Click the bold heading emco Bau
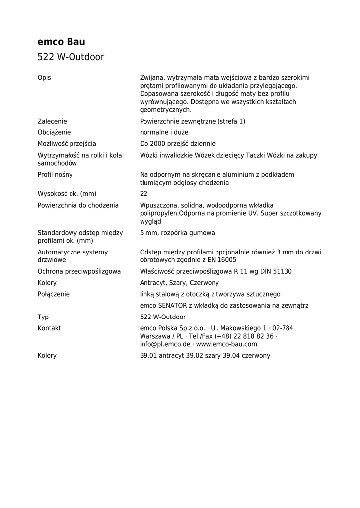62,42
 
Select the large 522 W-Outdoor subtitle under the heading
71,57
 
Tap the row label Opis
44,78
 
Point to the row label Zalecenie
52,121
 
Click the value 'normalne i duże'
164,132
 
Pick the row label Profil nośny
55,175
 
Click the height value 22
144,194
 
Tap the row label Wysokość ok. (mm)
67,194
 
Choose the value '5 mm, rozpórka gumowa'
177,233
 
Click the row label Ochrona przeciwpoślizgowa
79,271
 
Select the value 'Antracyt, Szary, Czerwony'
179,283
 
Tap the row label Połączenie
54,294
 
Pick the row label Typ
43,317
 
